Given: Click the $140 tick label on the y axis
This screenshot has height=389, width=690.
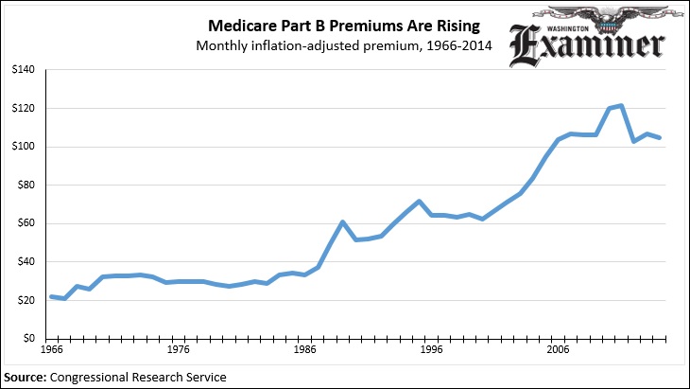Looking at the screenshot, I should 22,70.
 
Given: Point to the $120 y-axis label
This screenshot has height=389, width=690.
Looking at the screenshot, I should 22,109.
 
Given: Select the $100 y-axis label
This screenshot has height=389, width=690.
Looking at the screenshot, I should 22,147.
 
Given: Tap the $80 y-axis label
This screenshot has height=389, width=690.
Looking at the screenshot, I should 25,186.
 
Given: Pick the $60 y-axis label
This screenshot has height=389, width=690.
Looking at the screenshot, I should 25,223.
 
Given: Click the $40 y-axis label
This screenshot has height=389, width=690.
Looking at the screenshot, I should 25,262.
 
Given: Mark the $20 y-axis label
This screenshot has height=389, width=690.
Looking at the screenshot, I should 25,300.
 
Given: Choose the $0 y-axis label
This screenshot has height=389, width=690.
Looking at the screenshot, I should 27,339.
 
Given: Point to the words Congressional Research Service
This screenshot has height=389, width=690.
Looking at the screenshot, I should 139,377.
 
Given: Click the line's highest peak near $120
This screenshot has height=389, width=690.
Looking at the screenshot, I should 620,105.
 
